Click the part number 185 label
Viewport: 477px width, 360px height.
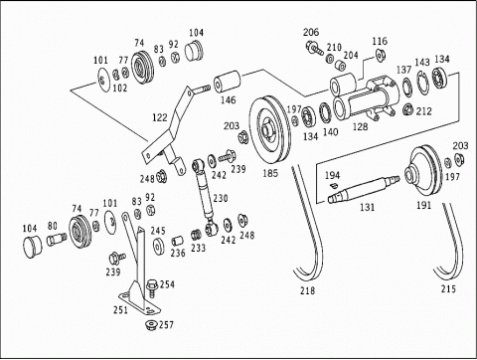270,173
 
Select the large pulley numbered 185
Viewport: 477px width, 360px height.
269,129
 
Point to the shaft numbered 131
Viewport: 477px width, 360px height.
364,189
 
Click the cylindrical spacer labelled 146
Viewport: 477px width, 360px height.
227,82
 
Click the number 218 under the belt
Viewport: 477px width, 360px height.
308,290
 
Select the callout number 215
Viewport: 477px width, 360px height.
448,288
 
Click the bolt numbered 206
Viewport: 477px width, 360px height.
314,48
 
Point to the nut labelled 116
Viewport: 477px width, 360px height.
380,55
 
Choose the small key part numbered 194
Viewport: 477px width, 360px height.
334,184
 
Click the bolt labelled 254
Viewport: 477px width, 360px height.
152,287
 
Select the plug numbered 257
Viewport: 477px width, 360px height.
151,324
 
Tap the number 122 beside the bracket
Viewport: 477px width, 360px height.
160,117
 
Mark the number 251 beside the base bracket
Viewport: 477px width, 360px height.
120,310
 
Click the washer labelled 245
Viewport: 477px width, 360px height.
159,247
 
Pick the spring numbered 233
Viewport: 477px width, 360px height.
196,234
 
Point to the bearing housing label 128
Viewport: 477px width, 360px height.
361,126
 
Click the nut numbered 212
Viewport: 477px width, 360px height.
408,109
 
